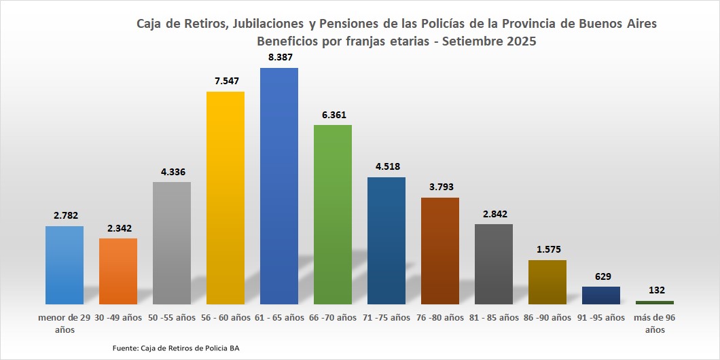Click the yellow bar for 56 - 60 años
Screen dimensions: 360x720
[226, 197]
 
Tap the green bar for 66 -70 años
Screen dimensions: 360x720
[333, 214]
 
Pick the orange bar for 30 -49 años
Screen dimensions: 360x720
[118, 270]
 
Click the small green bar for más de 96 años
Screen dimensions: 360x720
[655, 302]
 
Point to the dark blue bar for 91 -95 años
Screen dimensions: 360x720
[601, 295]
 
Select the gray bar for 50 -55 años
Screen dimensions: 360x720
[172, 242]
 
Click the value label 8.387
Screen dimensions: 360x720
[279, 58]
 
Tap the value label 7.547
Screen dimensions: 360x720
[226, 81]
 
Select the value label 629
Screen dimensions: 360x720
[601, 276]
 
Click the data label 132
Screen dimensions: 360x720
[655, 291]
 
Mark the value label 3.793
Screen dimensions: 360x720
[440, 187]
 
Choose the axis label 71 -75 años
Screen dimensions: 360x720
[386, 317]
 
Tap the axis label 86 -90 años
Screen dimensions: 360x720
[547, 317]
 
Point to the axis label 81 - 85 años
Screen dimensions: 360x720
[494, 317]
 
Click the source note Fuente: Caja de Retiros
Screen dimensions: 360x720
[176, 348]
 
